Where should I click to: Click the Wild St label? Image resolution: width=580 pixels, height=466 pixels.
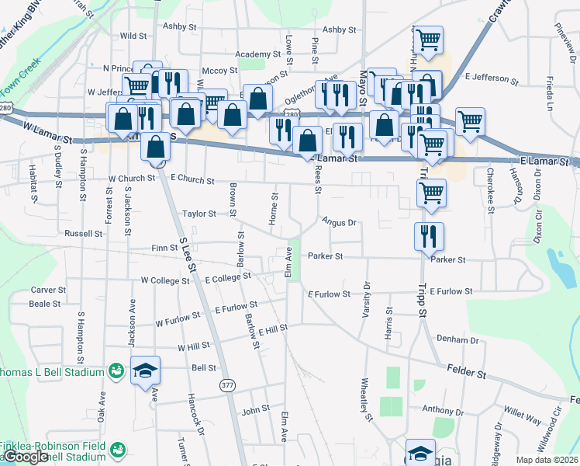coord(133,36)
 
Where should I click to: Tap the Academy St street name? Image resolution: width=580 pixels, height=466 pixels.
coord(257,54)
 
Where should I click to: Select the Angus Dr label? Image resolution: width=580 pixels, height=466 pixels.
coord(339,222)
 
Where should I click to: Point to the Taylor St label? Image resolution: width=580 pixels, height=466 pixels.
coord(199,214)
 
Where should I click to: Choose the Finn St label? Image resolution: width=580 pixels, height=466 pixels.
coord(164,249)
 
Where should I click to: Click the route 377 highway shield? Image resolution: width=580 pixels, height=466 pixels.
coord(227,385)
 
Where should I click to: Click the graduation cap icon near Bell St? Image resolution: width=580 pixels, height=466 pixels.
coord(144,372)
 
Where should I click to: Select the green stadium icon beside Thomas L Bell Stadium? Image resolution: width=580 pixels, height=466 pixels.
coord(116,372)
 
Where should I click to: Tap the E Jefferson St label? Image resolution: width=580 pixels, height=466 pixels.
coord(492,78)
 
